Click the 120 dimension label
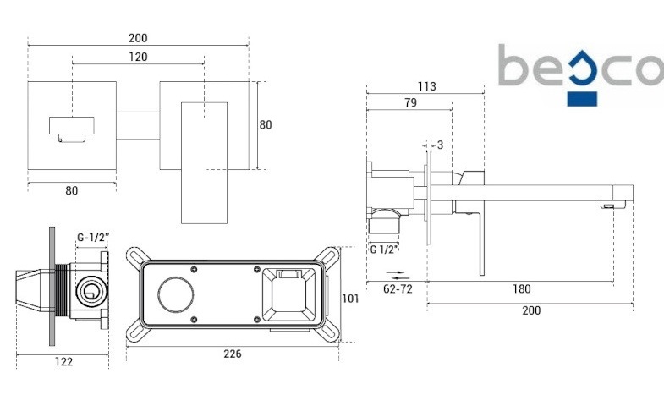click(x=138, y=57)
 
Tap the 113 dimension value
click(x=426, y=86)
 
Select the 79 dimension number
click(x=410, y=102)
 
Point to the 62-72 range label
click(x=398, y=289)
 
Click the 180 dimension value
click(x=521, y=288)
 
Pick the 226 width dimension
click(x=233, y=354)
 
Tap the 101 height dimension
click(x=350, y=299)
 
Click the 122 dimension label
click(x=63, y=361)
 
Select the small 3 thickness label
click(x=440, y=145)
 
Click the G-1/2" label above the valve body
click(x=93, y=238)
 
